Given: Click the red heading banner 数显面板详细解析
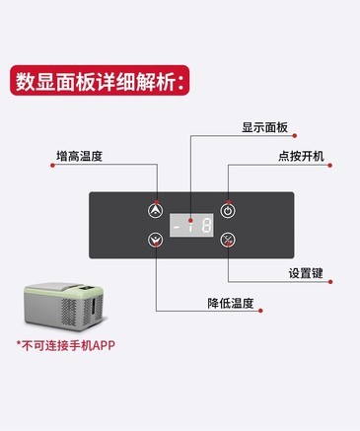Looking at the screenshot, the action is pos(100,81).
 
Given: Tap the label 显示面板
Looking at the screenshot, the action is pos(264,127).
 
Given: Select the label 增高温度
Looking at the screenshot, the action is pos(79,156).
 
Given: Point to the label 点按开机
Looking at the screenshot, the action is pos(301,156).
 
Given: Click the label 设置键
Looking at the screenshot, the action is pos(306,273).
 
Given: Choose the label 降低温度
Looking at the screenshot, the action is pos(231,303).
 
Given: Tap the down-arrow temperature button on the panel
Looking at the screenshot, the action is pos(155,240).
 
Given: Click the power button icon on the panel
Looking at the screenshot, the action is pos(228,210).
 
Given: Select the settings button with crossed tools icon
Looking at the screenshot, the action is pos(228,240).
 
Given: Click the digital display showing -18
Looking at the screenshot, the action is pos(191,225).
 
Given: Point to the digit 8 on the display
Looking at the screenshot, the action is pos(206,226).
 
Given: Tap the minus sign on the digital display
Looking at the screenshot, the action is pos(177,226).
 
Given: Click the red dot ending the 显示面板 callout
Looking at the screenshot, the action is pos(295,135).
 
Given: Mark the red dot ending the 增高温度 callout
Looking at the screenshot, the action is pos(52,165).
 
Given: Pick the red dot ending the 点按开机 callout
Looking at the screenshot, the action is pos(330,165).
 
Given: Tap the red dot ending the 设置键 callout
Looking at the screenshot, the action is pos(330,282).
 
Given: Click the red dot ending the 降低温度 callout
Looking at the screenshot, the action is pos(260,311).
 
